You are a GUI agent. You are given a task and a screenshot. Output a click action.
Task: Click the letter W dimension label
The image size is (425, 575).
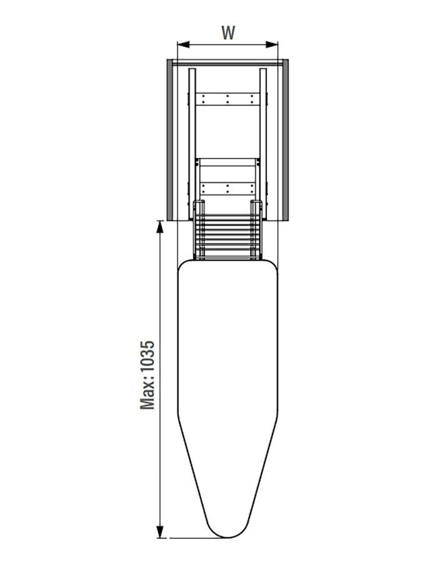click(227, 32)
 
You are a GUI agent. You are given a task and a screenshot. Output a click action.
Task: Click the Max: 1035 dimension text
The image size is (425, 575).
click(147, 375)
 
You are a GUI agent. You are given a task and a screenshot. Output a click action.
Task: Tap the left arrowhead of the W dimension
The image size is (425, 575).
click(183, 44)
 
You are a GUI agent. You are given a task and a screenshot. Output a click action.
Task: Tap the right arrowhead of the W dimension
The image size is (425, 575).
click(272, 44)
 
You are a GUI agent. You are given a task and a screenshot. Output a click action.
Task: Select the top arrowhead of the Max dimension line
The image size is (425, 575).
click(160, 227)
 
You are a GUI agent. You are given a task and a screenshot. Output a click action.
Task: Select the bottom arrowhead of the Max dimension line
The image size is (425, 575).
click(160, 532)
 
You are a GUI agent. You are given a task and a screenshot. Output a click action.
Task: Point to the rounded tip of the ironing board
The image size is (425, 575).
click(227, 536)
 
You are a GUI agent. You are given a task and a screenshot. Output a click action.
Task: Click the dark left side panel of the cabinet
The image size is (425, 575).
click(170, 140)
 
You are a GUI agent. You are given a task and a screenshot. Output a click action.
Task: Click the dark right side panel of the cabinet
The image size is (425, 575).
click(286, 140)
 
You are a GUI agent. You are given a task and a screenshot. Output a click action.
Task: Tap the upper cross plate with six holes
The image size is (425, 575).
click(227, 99)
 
